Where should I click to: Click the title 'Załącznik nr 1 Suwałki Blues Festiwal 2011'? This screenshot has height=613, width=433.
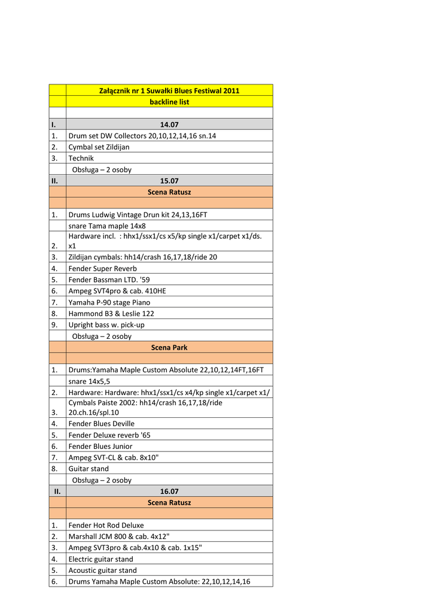[169, 90]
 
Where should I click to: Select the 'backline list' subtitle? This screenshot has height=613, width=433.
[169, 102]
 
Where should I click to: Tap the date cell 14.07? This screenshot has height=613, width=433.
[169, 125]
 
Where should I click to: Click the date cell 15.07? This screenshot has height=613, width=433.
[169, 180]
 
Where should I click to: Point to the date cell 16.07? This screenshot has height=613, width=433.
[169, 491]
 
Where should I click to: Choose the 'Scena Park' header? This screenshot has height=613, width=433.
[169, 347]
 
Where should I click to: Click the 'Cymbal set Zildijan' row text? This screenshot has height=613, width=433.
[99, 147]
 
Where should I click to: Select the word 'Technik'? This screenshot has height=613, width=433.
[81, 158]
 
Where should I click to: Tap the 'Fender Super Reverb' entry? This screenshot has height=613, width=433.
[102, 269]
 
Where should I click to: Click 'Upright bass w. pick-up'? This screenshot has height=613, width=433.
[106, 324]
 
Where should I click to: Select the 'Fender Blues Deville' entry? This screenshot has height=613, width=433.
[101, 424]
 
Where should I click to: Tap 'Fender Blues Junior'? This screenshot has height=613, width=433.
[100, 446]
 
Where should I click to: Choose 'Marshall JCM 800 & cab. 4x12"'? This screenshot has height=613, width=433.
[119, 536]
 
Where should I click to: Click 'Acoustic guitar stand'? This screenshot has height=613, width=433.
[102, 570]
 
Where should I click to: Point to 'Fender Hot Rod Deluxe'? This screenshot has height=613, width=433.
[106, 525]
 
